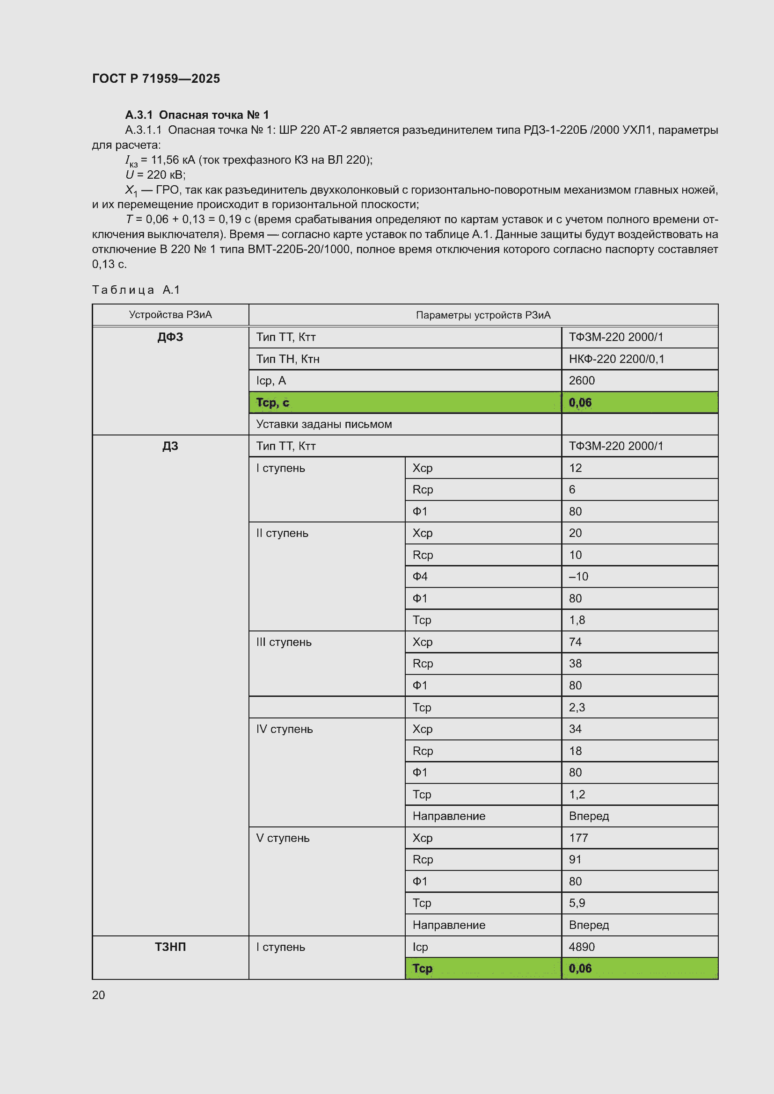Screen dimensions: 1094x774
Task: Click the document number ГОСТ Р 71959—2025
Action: [x=156, y=79]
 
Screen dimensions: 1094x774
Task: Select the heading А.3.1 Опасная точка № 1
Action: [x=197, y=115]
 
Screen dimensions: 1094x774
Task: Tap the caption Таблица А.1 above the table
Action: [x=136, y=290]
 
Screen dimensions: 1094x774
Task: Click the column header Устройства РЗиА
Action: [x=170, y=314]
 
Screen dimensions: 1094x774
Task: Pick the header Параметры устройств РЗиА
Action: [x=483, y=315]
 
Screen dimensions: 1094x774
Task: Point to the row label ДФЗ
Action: [x=170, y=337]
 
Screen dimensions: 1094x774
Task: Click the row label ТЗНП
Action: [x=170, y=947]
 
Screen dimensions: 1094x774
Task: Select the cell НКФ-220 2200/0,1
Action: [x=616, y=359]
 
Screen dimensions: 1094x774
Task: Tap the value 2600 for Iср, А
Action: [x=582, y=381]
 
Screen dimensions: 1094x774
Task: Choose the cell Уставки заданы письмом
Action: [x=324, y=424]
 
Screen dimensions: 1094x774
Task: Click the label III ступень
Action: [x=284, y=642]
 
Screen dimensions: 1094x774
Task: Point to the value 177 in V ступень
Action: [x=578, y=838]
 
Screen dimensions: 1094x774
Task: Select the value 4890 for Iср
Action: [x=582, y=947]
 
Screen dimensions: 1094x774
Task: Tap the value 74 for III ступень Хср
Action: [x=575, y=642]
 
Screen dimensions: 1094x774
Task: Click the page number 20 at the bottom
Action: [x=99, y=995]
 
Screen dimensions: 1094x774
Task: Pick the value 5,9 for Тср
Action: [x=577, y=903]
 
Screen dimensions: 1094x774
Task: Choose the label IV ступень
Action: [x=284, y=729]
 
